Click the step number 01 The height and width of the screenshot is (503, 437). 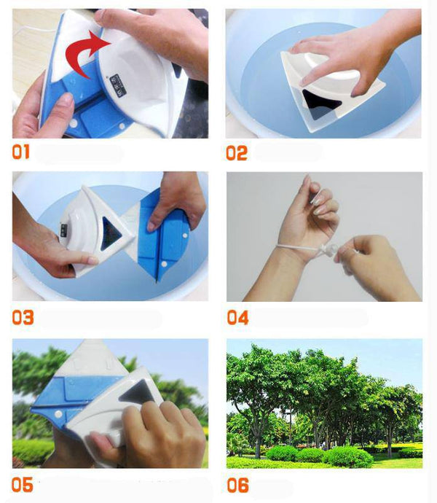click(x=23, y=153)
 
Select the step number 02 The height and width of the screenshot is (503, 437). click(x=237, y=153)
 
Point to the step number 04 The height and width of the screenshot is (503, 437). click(x=237, y=318)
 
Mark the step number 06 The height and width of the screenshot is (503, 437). click(x=237, y=485)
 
